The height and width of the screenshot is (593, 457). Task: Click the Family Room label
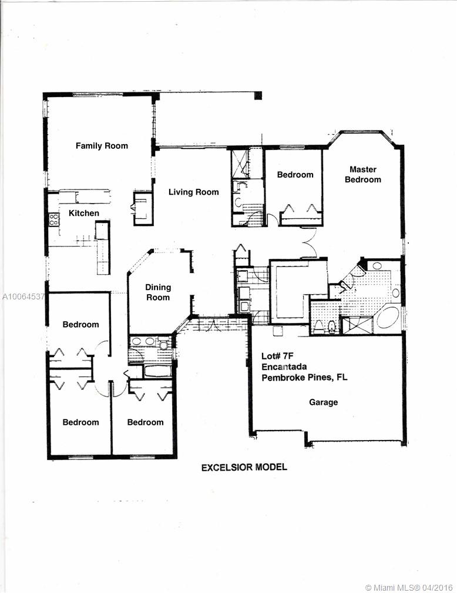pos(102,146)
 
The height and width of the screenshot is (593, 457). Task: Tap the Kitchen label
pos(84,213)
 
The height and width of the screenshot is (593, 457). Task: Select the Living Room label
pos(193,192)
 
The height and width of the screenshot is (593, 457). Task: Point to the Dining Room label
pos(158,292)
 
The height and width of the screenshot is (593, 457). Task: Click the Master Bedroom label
pos(362,175)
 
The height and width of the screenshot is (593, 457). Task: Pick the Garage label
pos(324,402)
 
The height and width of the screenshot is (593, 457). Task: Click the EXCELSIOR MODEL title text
pos(244,468)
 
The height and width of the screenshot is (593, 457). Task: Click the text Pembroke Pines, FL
pos(304,378)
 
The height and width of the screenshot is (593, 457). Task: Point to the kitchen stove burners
pos(54,220)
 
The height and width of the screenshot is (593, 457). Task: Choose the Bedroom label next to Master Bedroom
pos(295,175)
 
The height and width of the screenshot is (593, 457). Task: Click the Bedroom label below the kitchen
pos(80,324)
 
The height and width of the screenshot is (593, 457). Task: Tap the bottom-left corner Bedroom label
pos(80,422)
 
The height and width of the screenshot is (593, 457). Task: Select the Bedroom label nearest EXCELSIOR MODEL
pos(145,422)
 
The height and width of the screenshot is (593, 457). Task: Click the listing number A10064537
pos(22,296)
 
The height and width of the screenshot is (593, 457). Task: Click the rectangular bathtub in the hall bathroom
pos(157,371)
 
